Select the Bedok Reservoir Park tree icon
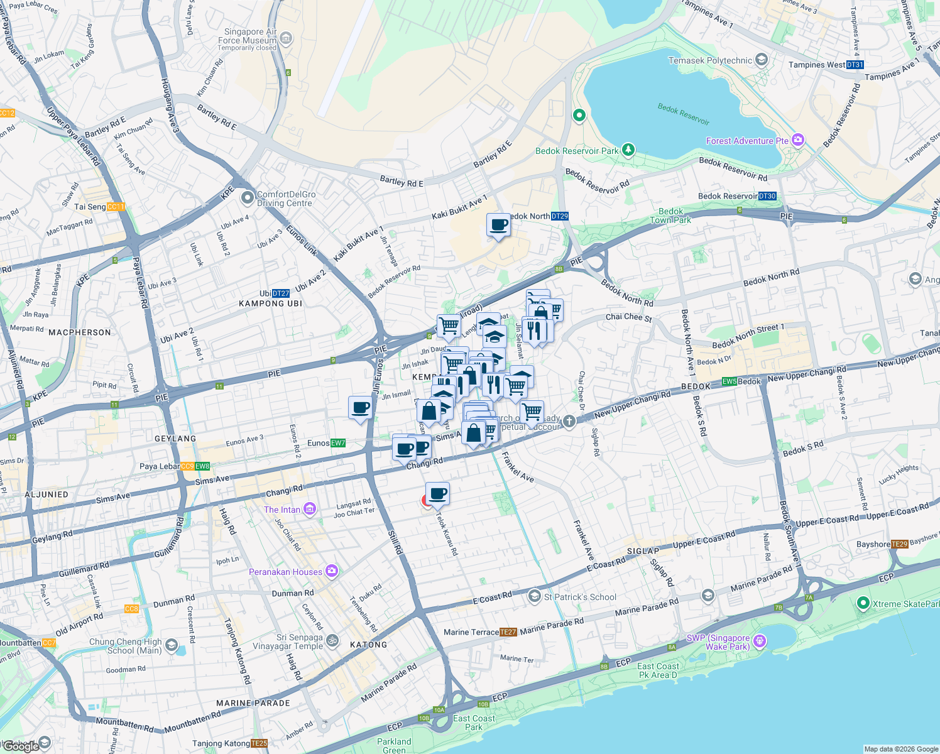pos(628,150)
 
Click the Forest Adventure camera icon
pos(798,140)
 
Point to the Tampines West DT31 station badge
pos(855,65)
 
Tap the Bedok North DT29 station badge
pos(559,216)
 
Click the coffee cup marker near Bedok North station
pos(499,225)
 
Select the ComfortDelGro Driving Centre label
pos(286,199)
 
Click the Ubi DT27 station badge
pos(281,293)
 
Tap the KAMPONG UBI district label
pos(270,303)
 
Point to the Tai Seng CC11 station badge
pos(116,207)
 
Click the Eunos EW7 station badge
pos(338,443)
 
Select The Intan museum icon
pos(309,509)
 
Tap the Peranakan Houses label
pos(285,572)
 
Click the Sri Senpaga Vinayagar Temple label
pos(288,642)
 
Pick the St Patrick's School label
pos(580,597)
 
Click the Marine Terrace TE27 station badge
pos(508,632)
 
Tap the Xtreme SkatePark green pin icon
pos(863,603)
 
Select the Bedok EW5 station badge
pos(729,381)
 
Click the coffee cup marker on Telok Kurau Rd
pos(437,494)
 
